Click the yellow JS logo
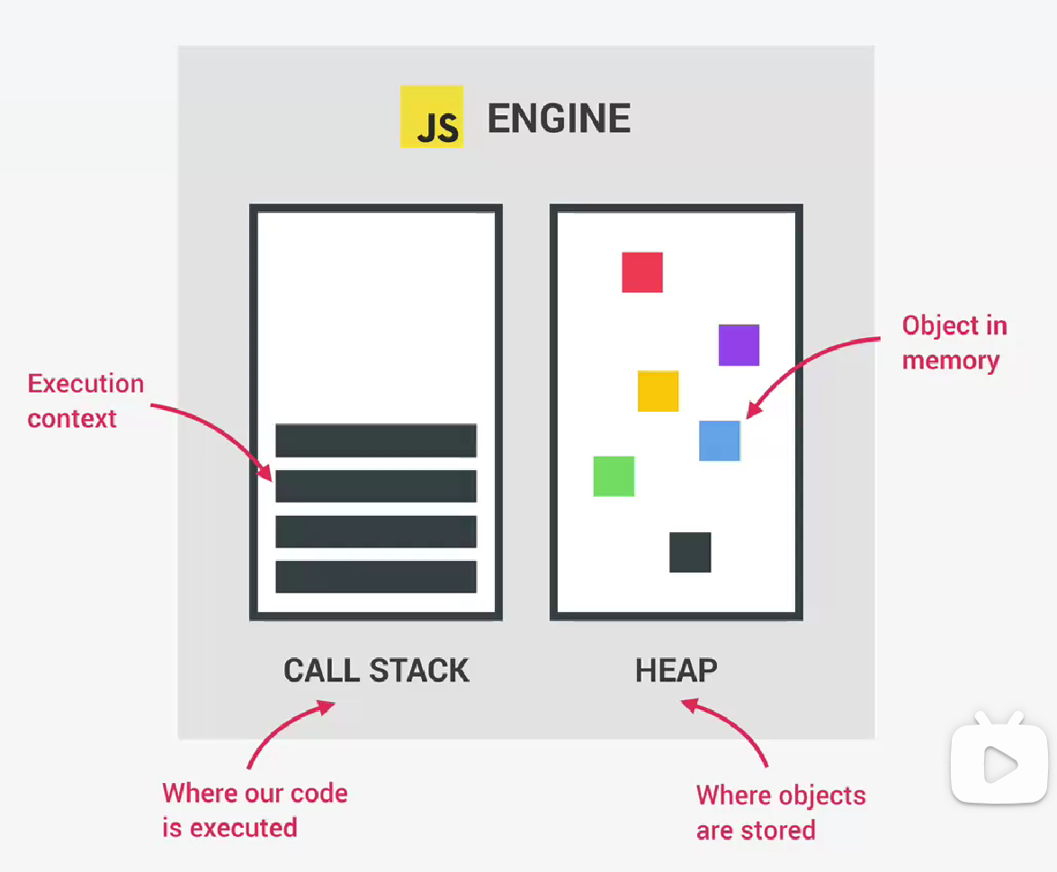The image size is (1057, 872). click(x=432, y=117)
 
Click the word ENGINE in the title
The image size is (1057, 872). click(x=559, y=119)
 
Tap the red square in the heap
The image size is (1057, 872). click(x=642, y=272)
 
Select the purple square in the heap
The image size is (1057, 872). click(x=739, y=345)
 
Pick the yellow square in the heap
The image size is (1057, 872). click(x=658, y=391)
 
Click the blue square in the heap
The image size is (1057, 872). click(x=720, y=440)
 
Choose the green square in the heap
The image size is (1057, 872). click(x=614, y=476)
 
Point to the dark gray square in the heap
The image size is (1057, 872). click(x=690, y=552)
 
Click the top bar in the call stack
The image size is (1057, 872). click(x=376, y=440)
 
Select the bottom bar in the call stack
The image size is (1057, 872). click(x=376, y=577)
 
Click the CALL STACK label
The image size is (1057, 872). click(x=376, y=671)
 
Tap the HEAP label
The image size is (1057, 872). click(x=676, y=671)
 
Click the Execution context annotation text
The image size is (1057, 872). click(x=85, y=401)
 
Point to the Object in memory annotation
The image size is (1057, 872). click(x=954, y=343)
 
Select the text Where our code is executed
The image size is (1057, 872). click(x=255, y=810)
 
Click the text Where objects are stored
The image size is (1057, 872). click(x=780, y=813)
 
